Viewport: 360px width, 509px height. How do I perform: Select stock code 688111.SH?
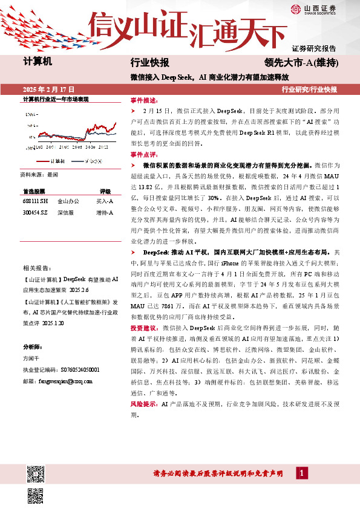[x=34, y=201]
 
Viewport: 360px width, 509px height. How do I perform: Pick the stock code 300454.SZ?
[x=34, y=212]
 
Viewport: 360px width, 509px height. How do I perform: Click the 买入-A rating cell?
[x=104, y=201]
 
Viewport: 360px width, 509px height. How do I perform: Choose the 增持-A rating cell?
[x=104, y=212]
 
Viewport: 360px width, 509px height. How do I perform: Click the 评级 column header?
[x=105, y=190]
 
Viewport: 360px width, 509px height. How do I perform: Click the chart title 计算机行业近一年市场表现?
[x=56, y=99]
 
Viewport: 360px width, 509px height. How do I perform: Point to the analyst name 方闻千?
[x=32, y=358]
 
